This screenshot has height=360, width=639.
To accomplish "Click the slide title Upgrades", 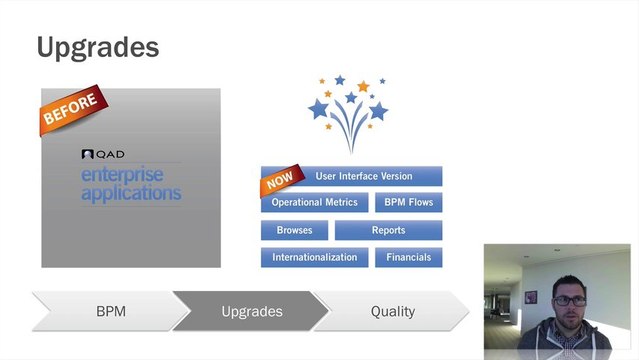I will pyautogui.click(x=98, y=46).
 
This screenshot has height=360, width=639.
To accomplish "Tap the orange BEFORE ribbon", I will pyautogui.click(x=69, y=110).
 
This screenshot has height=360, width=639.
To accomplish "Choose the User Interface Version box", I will pyautogui.click(x=363, y=176).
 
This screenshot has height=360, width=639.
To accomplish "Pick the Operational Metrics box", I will pyautogui.click(x=314, y=203).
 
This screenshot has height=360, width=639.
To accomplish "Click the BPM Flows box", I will pyautogui.click(x=408, y=203).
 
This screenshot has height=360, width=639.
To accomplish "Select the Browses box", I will pyautogui.click(x=294, y=230).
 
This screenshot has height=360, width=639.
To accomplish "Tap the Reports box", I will pyautogui.click(x=388, y=230).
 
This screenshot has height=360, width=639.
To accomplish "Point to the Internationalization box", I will pyautogui.click(x=314, y=257).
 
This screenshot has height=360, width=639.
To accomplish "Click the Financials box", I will pyautogui.click(x=408, y=257).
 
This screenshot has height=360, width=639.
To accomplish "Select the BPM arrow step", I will pyautogui.click(x=110, y=311).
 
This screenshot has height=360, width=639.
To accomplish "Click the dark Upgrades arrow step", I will pyautogui.click(x=251, y=311).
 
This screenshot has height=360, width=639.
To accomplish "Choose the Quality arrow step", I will pyautogui.click(x=392, y=311).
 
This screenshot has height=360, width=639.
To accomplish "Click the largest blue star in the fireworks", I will pyautogui.click(x=319, y=108).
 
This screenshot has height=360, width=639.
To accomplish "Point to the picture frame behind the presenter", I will pyautogui.click(x=530, y=297).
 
